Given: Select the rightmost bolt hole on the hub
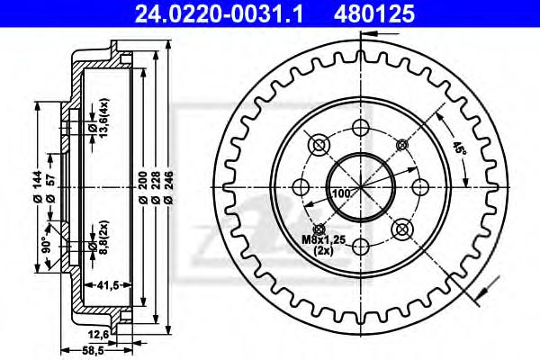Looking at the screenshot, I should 419,186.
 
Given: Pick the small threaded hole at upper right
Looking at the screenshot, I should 401,144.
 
